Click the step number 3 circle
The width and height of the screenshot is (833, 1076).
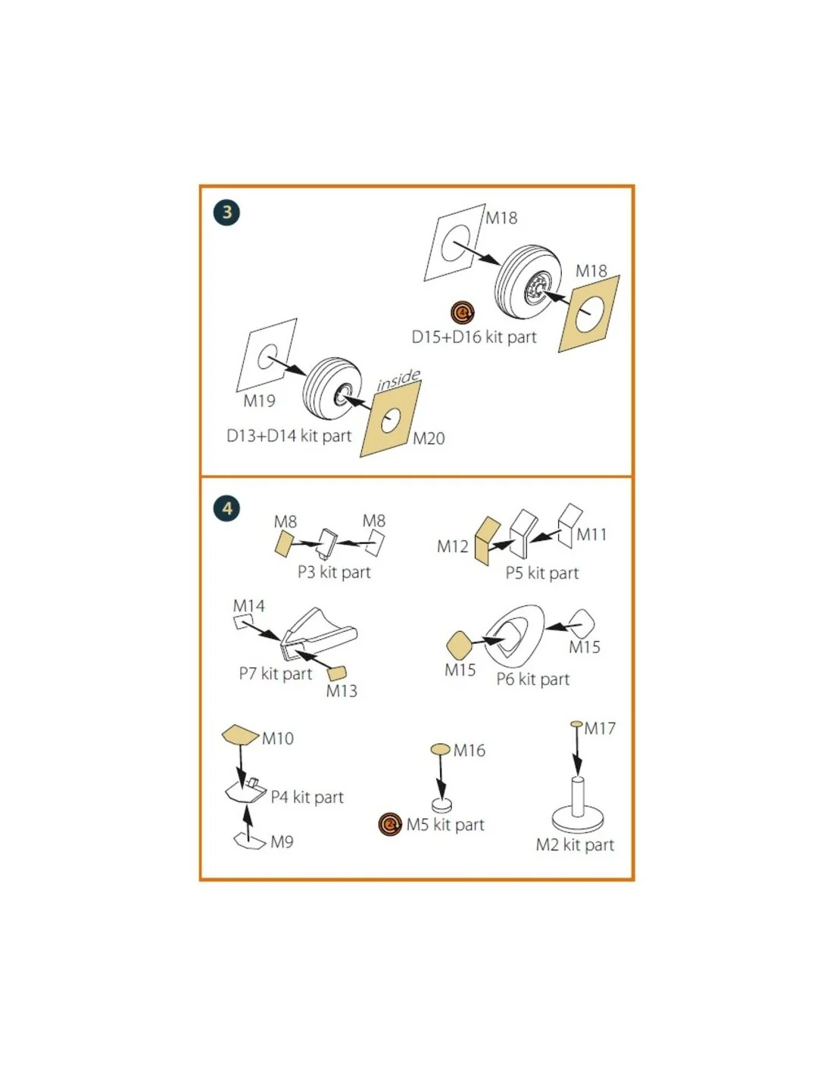click(x=226, y=212)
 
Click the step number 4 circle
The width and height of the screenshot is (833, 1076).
click(x=226, y=508)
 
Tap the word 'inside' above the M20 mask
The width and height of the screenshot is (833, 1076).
click(x=398, y=380)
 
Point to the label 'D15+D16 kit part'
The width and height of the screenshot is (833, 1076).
click(x=474, y=337)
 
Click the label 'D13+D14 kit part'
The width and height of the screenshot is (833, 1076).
click(x=289, y=436)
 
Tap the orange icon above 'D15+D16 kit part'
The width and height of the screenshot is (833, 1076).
click(x=463, y=313)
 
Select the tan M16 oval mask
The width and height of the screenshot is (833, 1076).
click(x=441, y=748)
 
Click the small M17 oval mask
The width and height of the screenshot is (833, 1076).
click(x=576, y=723)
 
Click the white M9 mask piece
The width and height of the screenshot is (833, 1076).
click(x=250, y=841)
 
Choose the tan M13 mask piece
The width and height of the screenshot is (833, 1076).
click(x=336, y=673)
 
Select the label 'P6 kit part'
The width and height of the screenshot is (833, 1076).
click(x=532, y=679)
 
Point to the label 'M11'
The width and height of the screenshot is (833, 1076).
click(x=591, y=534)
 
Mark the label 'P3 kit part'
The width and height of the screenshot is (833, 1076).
click(x=334, y=572)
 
